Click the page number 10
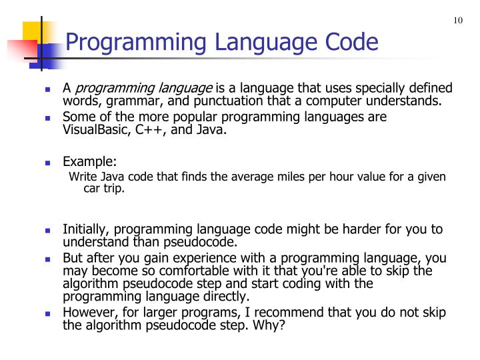458,20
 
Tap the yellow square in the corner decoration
33,31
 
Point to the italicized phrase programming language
145,89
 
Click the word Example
89,162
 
